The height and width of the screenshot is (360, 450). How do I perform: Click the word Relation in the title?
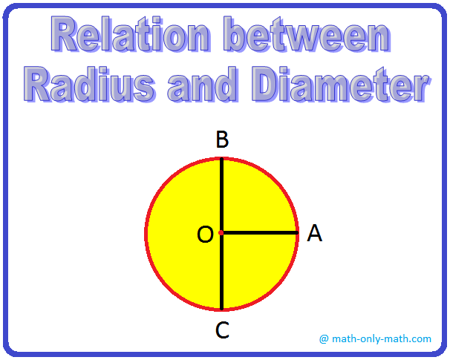tap(131, 34)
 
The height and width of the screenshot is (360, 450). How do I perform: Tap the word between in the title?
tap(307, 34)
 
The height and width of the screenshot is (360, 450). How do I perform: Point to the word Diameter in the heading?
tap(341, 85)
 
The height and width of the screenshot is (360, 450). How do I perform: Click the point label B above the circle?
tap(223, 140)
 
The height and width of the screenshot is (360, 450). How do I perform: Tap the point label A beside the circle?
tap(315, 233)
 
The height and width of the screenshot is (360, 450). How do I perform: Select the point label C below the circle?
tap(222, 330)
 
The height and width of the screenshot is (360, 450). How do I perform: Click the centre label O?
tap(206, 234)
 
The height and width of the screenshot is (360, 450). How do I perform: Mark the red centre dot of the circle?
tap(221, 232)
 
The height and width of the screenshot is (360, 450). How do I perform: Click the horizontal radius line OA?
tap(260, 232)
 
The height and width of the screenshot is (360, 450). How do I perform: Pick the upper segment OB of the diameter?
tap(221, 195)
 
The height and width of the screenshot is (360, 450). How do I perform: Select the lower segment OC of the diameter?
tap(221, 272)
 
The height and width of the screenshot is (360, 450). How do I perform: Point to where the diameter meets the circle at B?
tap(221, 158)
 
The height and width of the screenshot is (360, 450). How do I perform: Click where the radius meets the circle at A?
tap(298, 232)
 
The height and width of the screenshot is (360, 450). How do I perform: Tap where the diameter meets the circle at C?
tap(221, 310)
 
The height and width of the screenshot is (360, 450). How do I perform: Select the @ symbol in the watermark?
tap(324, 339)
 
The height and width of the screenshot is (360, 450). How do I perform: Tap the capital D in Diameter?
tap(270, 85)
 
